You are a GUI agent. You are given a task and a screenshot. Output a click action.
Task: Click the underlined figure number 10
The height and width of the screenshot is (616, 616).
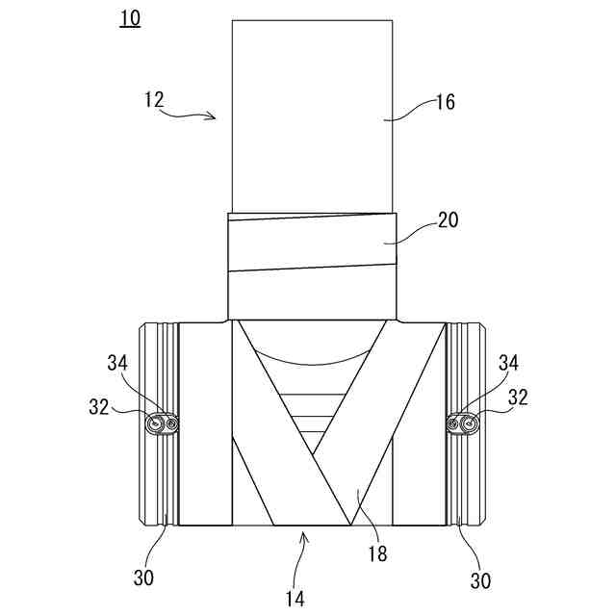130,18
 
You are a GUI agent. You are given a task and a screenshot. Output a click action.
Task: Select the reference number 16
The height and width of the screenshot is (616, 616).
445,102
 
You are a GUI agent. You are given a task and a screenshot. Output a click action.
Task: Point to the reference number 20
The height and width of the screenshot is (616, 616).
448,220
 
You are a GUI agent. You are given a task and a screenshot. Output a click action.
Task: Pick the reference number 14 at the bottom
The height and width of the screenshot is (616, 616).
295,598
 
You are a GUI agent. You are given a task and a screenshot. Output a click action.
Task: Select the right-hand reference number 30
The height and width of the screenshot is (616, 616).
479,580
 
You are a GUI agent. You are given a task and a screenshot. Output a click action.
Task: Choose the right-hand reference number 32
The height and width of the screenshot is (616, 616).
518,396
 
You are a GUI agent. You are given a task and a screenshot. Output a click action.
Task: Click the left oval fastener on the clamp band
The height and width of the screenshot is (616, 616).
163,423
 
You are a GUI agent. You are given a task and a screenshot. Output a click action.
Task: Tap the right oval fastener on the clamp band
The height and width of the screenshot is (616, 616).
464,423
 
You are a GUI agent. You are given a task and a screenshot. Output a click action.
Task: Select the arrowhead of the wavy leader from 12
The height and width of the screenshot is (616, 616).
217,117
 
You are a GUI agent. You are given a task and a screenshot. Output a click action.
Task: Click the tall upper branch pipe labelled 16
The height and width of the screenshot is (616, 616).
312,115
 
